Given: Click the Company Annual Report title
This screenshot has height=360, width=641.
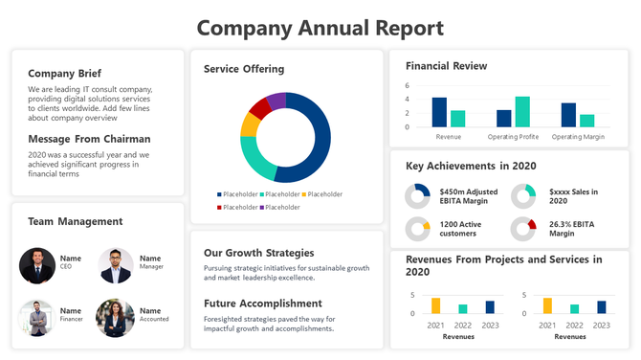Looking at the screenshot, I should (320, 28).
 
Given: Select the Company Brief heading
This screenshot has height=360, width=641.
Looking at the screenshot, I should (64, 74).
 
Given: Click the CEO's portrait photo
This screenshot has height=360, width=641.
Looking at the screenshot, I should (37, 266).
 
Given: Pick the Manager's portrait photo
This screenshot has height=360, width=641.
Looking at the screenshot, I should (116, 266).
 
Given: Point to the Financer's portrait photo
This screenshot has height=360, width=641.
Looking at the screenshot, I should (37, 318).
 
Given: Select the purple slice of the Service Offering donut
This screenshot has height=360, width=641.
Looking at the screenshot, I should (276, 101).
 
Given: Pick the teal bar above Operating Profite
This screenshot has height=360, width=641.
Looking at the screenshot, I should (522, 112).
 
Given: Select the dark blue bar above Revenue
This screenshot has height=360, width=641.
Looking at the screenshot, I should (439, 112).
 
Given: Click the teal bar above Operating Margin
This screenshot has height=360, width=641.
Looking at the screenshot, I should (586, 121).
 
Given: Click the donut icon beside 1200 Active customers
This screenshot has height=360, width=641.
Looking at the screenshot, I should (417, 230).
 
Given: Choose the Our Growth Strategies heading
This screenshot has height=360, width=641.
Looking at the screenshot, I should (259, 254).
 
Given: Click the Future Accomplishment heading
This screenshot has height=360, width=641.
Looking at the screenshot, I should (262, 304).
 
